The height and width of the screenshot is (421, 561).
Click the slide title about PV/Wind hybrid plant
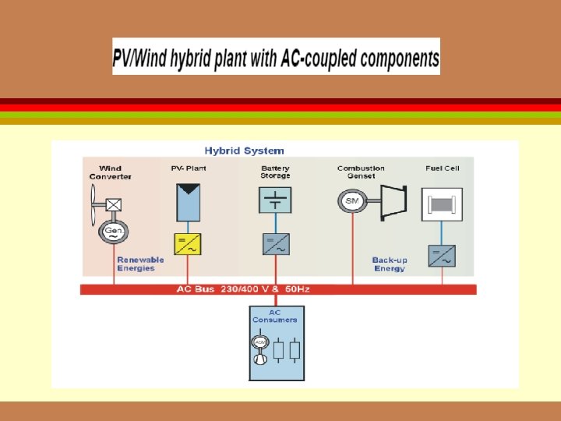coord(276,57)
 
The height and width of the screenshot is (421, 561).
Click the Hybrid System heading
coord(244,150)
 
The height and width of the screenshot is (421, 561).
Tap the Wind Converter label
coord(110,172)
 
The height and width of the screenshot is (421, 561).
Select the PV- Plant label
coord(188,168)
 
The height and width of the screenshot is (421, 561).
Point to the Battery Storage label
coord(275,172)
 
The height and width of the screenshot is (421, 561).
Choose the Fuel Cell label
coord(442,168)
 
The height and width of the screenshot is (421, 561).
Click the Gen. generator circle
coord(113,232)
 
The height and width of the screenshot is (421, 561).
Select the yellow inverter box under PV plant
coord(187,245)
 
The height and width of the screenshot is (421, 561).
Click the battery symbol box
coord(275,200)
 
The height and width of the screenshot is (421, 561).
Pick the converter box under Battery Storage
coord(276,244)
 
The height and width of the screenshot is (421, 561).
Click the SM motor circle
coord(352,201)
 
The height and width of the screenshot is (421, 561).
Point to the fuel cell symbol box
coord(442,205)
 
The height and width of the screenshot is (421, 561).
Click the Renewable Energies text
coord(140,264)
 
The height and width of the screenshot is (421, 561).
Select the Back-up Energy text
coord(389,264)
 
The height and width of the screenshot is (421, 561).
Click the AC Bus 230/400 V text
coord(243,289)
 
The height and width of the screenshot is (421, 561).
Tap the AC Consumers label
coord(274,317)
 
